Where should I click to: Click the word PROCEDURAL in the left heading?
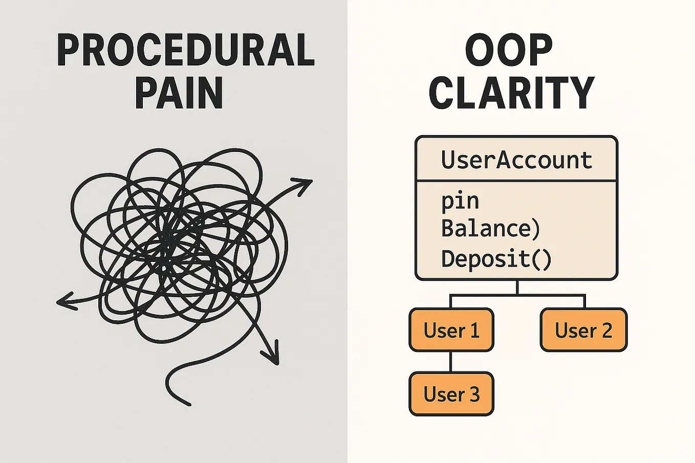point(186,50)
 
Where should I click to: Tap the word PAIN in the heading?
point(179,93)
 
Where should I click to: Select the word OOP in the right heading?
point(509,50)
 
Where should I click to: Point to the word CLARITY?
point(512,93)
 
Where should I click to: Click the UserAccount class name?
point(516,160)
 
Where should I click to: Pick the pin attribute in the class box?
point(460,202)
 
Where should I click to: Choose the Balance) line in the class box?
point(490,229)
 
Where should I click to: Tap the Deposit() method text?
point(496,259)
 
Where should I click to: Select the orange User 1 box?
point(451,329)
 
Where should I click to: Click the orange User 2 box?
point(583,329)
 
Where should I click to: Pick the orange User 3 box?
point(451,394)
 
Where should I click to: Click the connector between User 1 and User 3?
point(450,362)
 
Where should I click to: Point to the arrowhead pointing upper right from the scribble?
point(302,186)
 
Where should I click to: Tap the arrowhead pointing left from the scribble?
point(66,301)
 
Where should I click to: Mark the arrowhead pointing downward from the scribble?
point(271,354)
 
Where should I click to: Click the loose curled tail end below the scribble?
point(190,404)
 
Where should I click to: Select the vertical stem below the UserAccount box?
point(517,288)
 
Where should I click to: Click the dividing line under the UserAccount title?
point(516,181)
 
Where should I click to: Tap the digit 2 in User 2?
point(607,330)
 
